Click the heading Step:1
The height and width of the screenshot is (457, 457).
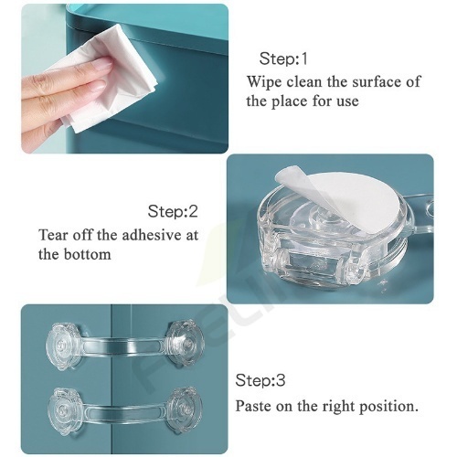tap(283, 58)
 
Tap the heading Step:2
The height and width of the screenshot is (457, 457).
tap(173, 211)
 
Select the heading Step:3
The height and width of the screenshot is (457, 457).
tap(260, 380)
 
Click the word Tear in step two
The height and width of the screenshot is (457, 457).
tap(53, 235)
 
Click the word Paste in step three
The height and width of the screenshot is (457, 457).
tap(253, 406)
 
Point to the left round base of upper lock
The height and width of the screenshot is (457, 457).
tap(64, 346)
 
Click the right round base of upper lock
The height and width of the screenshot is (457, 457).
tap(186, 344)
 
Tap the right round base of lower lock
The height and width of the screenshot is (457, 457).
tap(186, 408)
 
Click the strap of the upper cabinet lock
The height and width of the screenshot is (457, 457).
tap(125, 347)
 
